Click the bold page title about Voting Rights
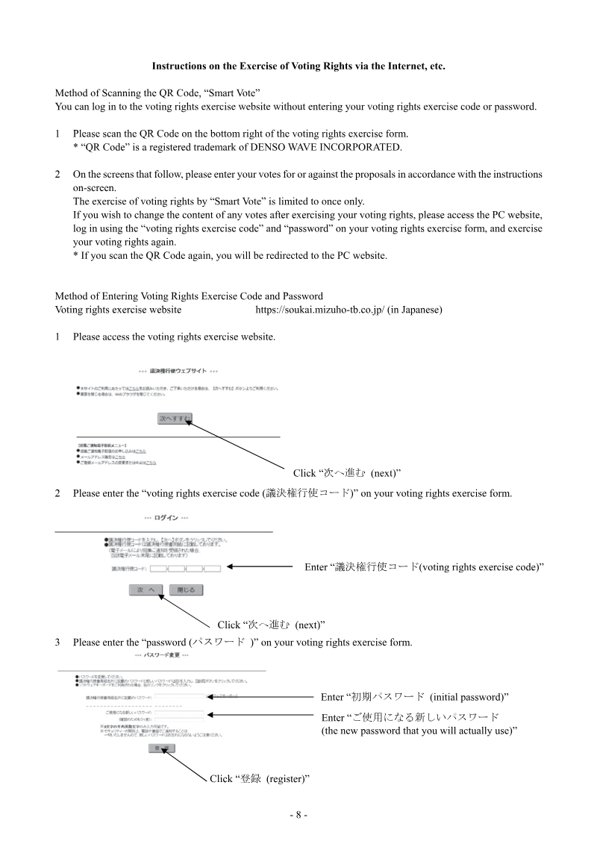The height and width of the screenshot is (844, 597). (x=298, y=66)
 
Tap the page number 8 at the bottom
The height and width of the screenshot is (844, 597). (x=298, y=815)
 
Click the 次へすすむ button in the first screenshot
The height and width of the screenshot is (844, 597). (x=175, y=419)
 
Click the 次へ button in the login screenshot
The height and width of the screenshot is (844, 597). (x=147, y=590)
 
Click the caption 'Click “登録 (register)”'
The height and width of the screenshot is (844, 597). (x=259, y=778)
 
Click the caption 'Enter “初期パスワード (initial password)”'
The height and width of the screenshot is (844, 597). (x=414, y=696)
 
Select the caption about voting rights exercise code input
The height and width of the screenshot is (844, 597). (x=423, y=567)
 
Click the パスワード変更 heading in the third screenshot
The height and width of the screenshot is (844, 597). (x=160, y=654)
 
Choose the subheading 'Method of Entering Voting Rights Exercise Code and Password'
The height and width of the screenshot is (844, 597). (x=189, y=296)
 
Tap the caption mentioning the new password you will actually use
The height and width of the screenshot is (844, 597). (x=419, y=724)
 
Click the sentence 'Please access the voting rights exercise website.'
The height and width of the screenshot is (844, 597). (x=174, y=337)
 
